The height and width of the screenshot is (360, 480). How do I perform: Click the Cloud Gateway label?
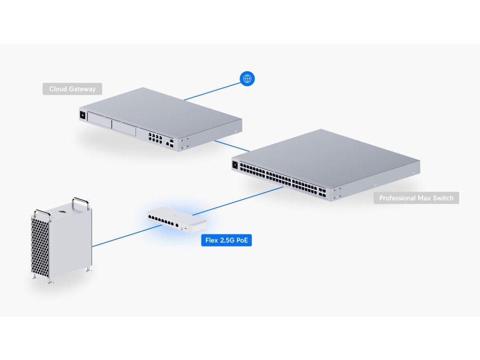tap(72, 89)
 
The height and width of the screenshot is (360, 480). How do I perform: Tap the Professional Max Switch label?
tap(416, 198)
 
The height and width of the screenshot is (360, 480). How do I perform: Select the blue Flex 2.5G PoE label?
tap(226, 241)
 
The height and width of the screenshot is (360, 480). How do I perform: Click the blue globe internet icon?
tap(247, 79)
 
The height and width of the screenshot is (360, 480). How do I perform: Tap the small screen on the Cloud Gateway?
tap(83, 115)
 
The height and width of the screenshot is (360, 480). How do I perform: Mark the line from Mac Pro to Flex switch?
tap(122, 236)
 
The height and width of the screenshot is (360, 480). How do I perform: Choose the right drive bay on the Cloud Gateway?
tap(123, 127)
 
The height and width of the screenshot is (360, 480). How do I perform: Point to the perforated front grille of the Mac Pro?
tap(40, 247)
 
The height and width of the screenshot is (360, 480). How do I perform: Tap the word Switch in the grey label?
tap(442, 198)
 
